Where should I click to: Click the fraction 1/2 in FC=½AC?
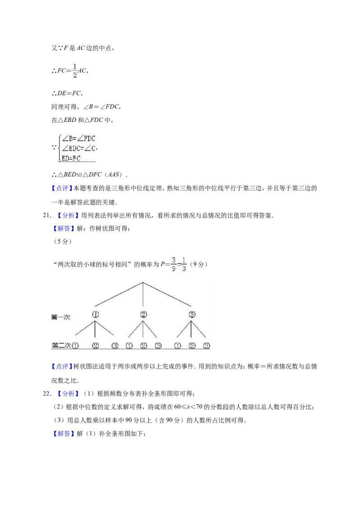pos(75,71)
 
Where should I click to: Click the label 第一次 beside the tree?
pos(60,317)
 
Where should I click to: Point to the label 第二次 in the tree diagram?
pos(61,345)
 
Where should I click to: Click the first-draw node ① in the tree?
pos(95,315)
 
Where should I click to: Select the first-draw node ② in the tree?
pos(143,315)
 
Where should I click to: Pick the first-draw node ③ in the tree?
pos(192,315)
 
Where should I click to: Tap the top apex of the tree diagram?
pos(143,282)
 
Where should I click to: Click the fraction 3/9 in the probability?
pos(174,264)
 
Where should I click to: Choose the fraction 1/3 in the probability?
pos(184,264)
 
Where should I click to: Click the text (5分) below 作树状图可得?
pos(62,241)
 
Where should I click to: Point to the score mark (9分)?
pos(198,264)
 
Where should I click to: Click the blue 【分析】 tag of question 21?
pos(67,215)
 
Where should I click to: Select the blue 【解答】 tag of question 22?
pos(63,434)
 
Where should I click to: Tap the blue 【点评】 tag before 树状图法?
pos(62,366)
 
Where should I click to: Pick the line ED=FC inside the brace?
pos(71,158)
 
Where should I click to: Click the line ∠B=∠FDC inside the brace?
pos(78,138)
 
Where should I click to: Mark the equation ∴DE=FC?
pos(67,94)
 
